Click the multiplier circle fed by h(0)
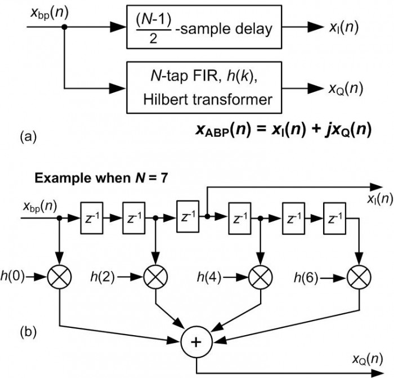59,277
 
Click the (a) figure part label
27,137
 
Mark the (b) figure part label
27,332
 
